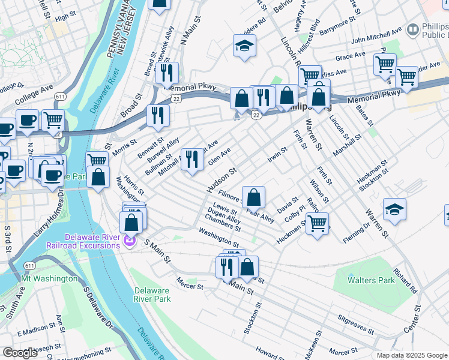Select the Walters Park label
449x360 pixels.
373,280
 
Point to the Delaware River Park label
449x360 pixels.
151,295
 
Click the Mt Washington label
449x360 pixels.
49,278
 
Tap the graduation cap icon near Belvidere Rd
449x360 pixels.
245,46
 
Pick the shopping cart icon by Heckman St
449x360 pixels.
317,223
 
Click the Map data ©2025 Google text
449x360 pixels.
411,355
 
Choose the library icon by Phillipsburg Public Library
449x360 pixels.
412,29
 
